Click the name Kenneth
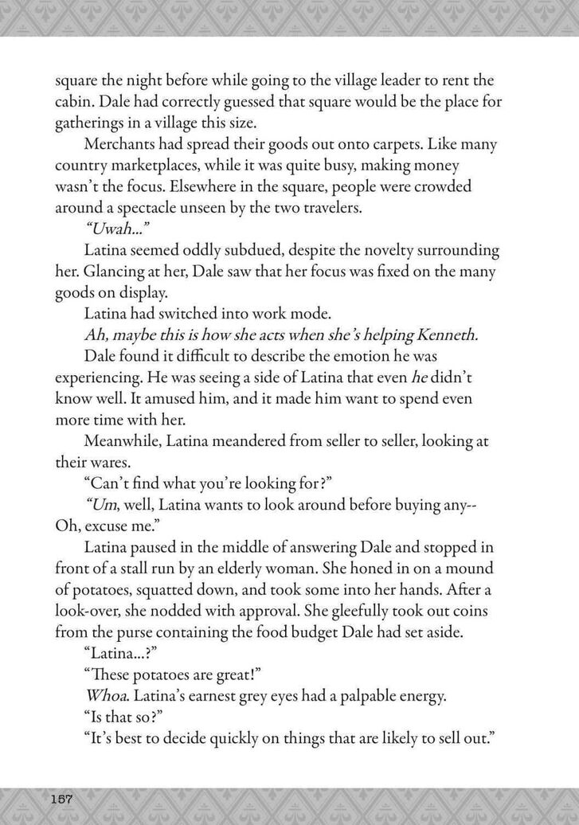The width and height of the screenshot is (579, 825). pos(444,334)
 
